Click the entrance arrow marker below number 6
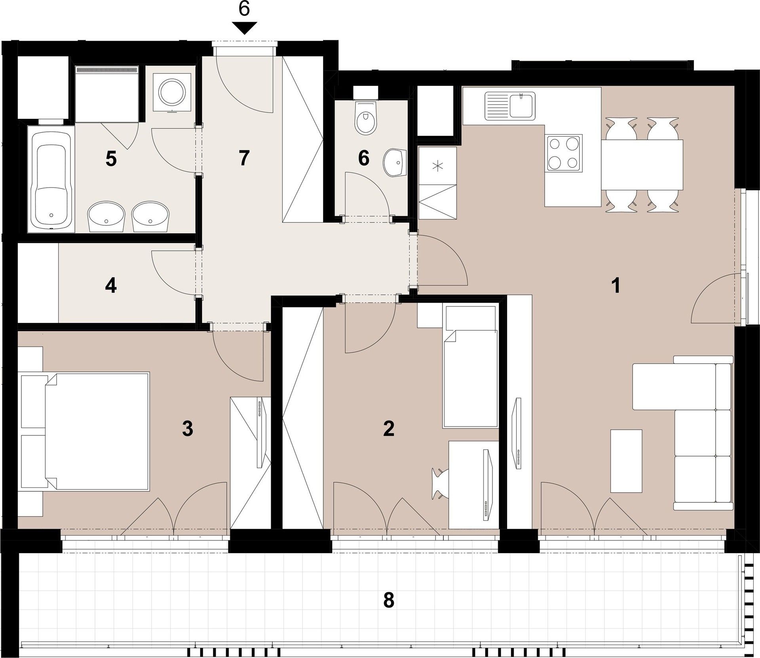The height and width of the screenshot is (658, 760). click(244, 28)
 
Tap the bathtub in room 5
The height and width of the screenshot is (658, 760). click(51, 178)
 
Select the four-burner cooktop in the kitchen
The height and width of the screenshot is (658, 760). click(564, 153)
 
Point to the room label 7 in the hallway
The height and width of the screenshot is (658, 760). click(244, 159)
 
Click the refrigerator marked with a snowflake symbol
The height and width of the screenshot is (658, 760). click(437, 166)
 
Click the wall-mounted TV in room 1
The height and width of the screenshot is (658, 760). click(517, 433)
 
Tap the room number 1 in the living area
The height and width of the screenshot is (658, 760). click(616, 286)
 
